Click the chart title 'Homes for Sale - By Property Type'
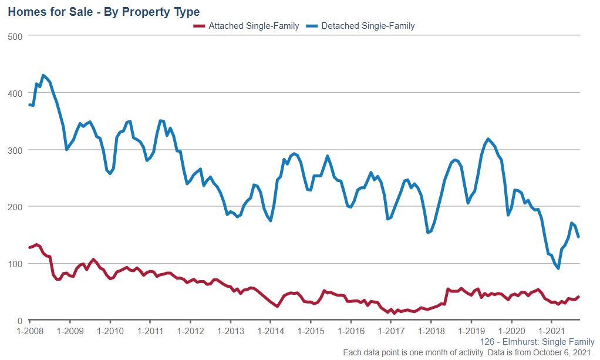(103, 11)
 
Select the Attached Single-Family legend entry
(247, 26)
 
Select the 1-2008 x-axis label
(29, 331)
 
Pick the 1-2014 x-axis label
(270, 331)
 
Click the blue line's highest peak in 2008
(43, 75)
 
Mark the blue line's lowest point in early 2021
(558, 268)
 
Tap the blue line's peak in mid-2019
(488, 139)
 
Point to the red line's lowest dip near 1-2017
(388, 313)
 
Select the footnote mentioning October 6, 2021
(468, 352)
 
